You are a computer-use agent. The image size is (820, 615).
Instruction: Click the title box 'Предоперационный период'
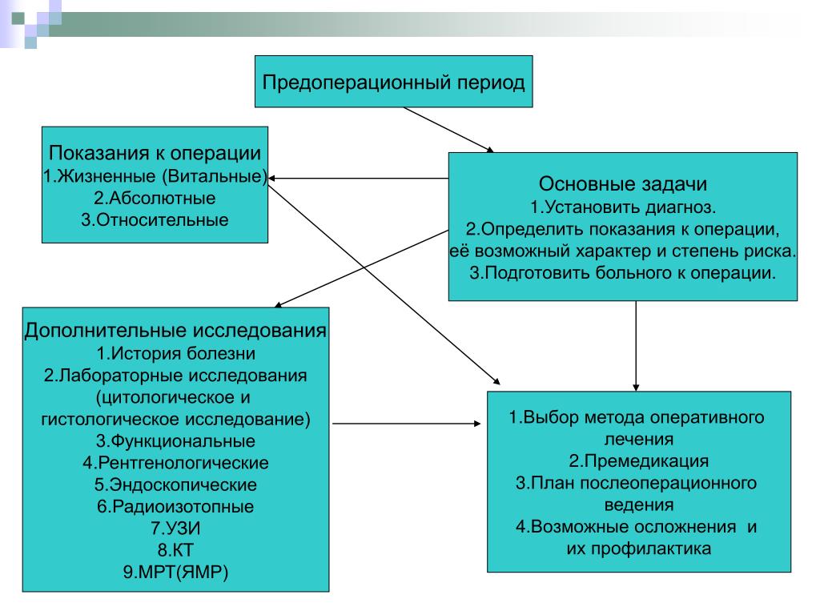[393, 82]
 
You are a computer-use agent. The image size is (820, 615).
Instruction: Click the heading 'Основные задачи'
[623, 183]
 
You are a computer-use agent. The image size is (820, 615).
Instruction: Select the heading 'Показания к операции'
[155, 153]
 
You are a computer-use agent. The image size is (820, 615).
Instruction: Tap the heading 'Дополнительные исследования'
[175, 330]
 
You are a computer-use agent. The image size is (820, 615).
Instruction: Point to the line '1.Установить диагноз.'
[623, 207]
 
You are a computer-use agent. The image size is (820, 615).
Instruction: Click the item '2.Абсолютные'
[155, 198]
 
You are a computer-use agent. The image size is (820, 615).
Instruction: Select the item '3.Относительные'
[155, 219]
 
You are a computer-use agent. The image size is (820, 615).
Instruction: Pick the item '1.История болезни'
[175, 353]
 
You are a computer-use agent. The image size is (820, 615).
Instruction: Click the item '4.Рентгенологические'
[175, 463]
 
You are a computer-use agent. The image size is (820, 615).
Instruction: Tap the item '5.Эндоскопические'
[175, 484]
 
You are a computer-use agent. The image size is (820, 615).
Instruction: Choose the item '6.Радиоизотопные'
[175, 506]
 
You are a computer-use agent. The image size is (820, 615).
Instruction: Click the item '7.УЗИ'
[175, 529]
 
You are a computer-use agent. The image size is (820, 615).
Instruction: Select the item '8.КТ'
[175, 550]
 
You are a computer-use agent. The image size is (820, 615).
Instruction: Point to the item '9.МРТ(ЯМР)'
[175, 572]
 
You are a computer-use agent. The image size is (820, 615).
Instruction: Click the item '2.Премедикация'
[638, 460]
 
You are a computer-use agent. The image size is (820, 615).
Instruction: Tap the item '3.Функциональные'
[175, 441]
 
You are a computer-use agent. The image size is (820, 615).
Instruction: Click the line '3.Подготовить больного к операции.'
[623, 272]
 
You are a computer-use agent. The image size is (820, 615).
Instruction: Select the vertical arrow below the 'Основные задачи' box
[636, 346]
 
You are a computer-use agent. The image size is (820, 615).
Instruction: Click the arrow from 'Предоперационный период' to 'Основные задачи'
[448, 131]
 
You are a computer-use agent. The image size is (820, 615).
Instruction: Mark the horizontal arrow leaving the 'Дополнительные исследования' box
[407, 424]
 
